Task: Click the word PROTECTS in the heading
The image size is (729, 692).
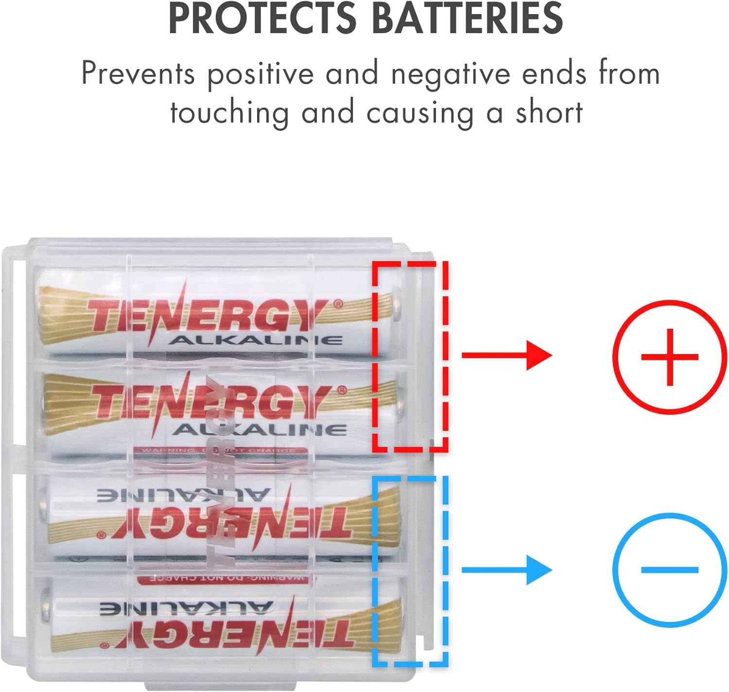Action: [x=262, y=18]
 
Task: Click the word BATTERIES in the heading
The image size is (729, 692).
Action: [x=467, y=18]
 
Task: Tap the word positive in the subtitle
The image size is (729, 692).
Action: [x=261, y=74]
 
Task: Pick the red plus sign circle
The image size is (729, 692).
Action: [x=669, y=356]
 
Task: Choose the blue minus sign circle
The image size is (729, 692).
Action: [x=669, y=569]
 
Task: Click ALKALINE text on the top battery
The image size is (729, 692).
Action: [x=255, y=340]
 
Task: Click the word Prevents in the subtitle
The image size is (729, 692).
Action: [x=138, y=74]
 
